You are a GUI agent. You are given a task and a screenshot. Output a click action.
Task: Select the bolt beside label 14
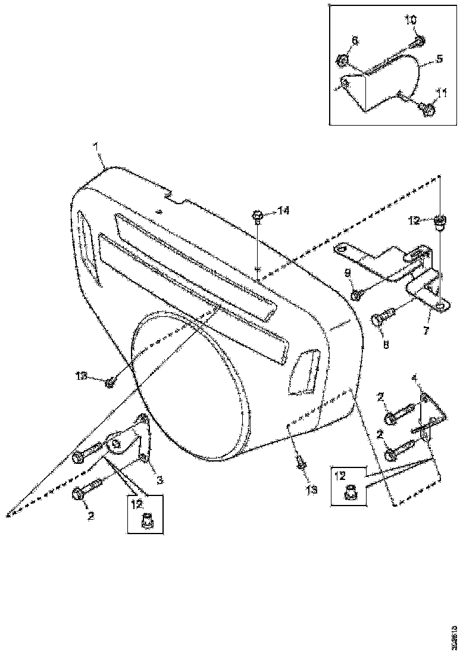[258, 216]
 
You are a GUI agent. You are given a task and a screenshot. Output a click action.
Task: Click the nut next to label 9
[355, 295]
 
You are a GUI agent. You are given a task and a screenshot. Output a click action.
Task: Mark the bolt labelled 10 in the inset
[419, 40]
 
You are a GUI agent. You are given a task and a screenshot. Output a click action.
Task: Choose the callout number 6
[355, 40]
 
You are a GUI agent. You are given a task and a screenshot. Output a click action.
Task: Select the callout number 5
[439, 59]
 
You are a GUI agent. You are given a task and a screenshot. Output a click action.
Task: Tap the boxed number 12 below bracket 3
[137, 503]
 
